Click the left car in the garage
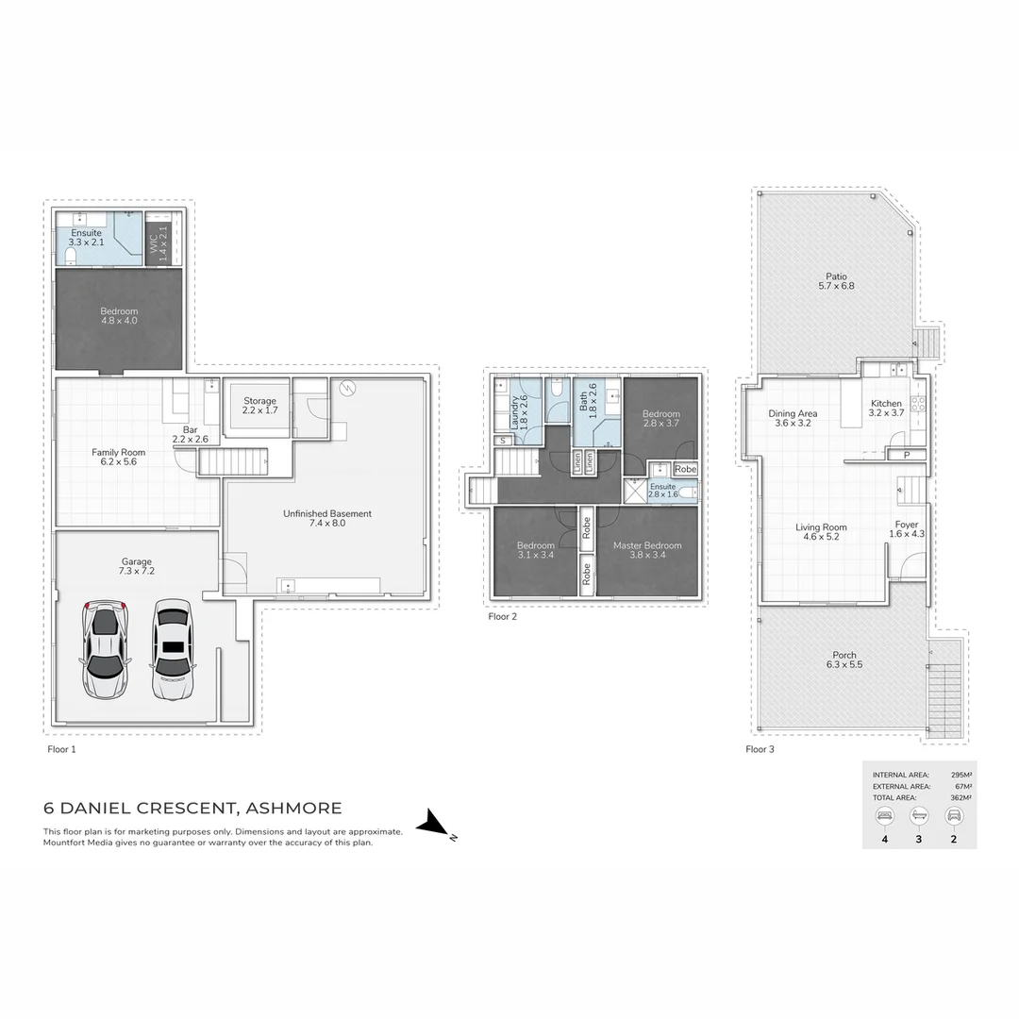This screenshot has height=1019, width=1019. (x=105, y=650)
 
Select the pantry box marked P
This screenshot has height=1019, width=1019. (x=906, y=455)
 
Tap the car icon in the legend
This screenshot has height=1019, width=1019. (x=954, y=815)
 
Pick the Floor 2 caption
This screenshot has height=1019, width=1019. (x=502, y=617)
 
